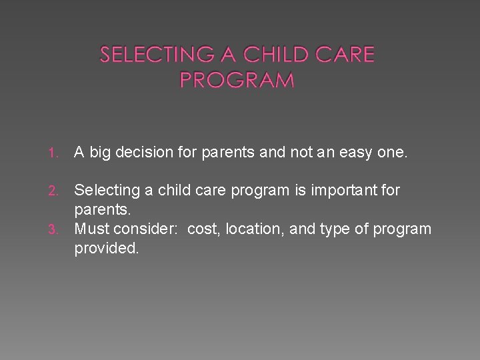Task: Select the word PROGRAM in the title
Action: pyautogui.click(x=237, y=80)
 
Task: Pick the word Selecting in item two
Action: pyautogui.click(x=106, y=191)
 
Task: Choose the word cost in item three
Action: pyautogui.click(x=202, y=229)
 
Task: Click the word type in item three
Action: pyautogui.click(x=335, y=230)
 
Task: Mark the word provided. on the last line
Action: pyautogui.click(x=106, y=249)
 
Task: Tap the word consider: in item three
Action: pyautogui.click(x=147, y=229)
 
